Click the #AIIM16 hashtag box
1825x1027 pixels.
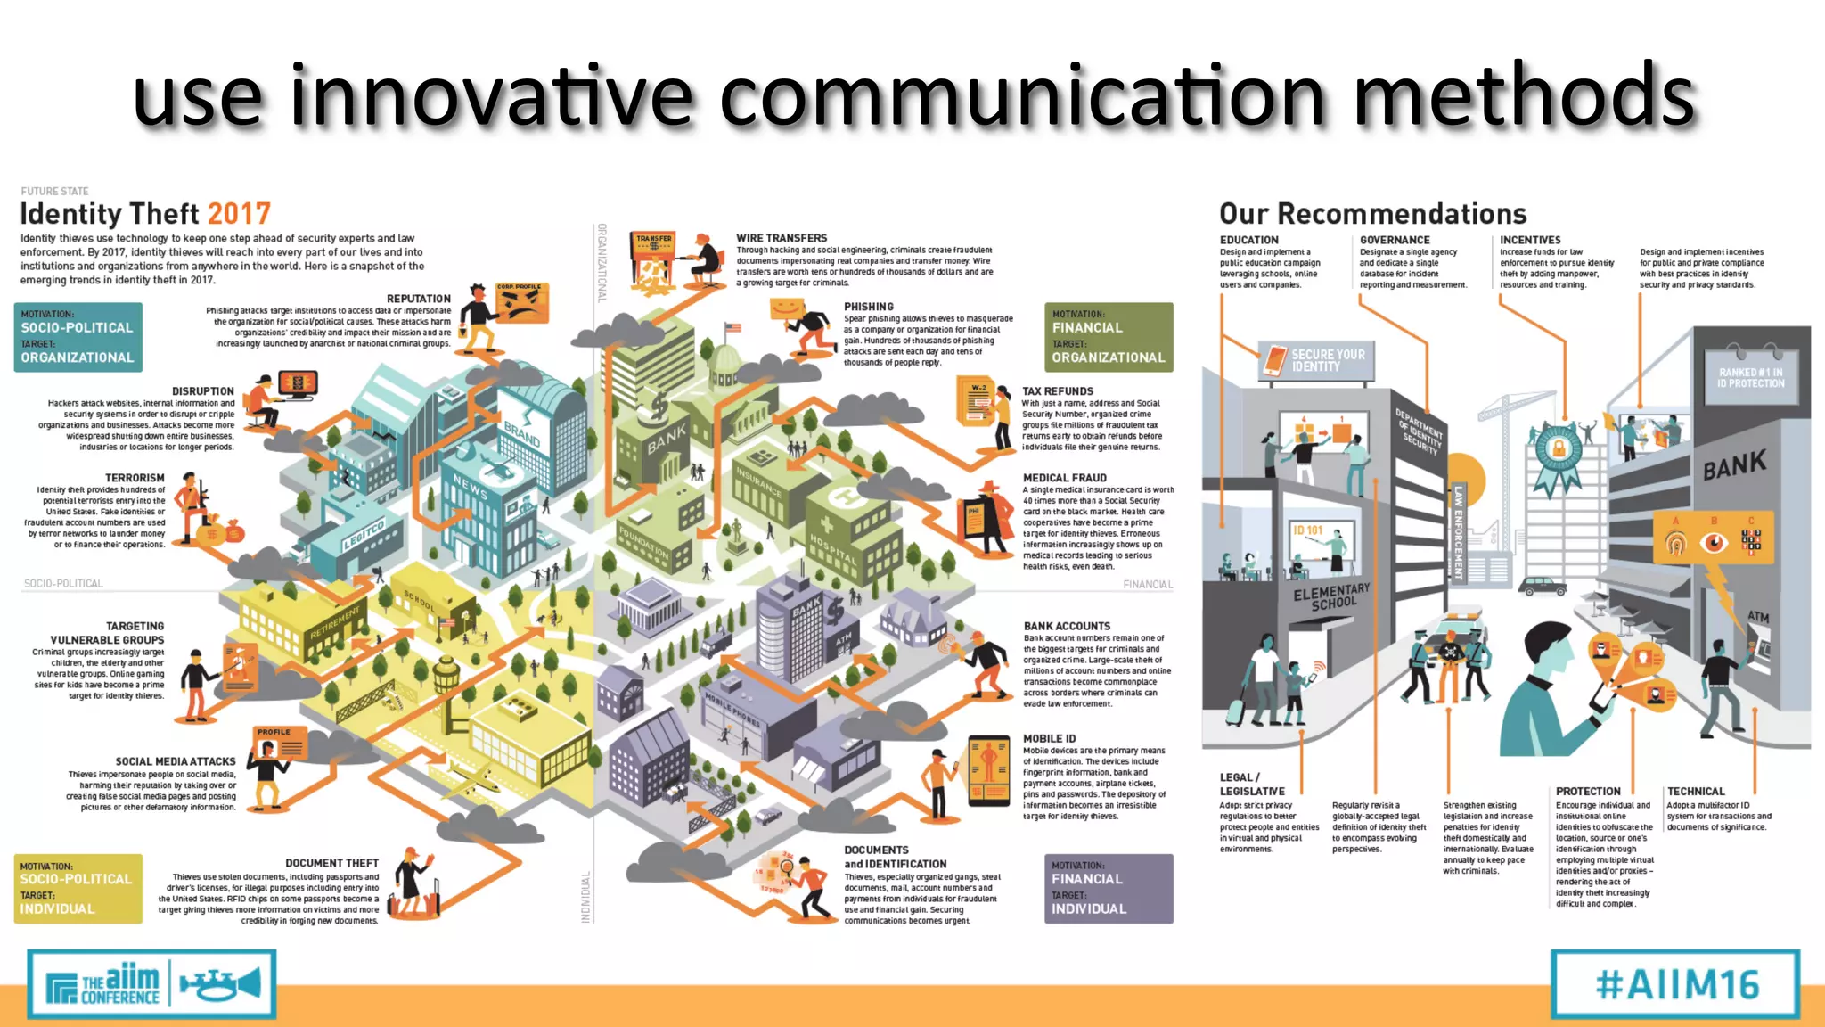1675,984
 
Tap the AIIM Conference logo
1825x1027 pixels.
151,984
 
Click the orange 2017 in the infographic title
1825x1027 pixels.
239,214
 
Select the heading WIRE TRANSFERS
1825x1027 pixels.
782,238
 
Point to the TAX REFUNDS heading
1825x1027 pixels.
1058,391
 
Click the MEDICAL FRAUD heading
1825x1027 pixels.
1065,478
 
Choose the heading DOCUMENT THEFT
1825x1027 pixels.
331,863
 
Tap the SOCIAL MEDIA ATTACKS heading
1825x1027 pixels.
176,761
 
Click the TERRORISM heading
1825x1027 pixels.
135,478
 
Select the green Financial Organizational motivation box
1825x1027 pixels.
1109,337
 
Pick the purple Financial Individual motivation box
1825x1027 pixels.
1109,888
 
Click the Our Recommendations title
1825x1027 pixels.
1372,214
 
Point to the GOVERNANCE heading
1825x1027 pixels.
1395,240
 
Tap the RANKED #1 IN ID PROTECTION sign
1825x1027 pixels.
1751,378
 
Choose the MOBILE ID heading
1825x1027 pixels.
1049,738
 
